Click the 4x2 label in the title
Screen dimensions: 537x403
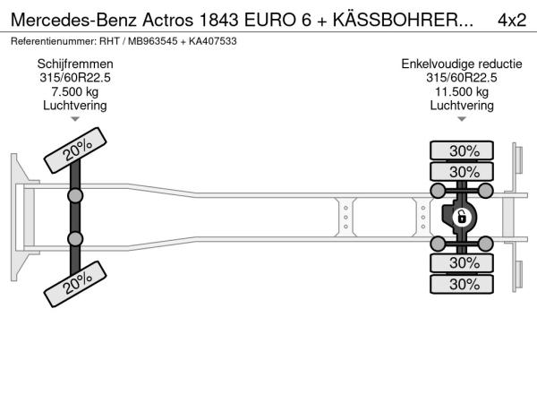click(x=512, y=20)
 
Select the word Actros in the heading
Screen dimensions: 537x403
click(x=168, y=20)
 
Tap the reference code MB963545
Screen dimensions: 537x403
click(x=153, y=41)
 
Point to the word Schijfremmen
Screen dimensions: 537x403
click(x=75, y=64)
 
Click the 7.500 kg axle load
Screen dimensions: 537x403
click(x=75, y=92)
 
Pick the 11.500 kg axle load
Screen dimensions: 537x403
click(x=462, y=92)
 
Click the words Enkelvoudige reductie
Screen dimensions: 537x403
click(x=462, y=64)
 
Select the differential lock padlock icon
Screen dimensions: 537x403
click(x=461, y=217)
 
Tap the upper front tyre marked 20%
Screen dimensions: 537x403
click(x=75, y=150)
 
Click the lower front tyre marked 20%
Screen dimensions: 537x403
click(x=75, y=284)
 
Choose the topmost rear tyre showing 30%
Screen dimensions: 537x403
click(x=462, y=150)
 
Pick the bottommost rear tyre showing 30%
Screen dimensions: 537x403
click(x=462, y=284)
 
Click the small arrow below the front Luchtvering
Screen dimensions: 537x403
click(x=75, y=119)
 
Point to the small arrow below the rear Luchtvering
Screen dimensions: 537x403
click(x=462, y=119)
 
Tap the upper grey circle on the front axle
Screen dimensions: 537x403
click(x=75, y=196)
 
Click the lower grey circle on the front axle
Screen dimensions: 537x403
click(x=75, y=238)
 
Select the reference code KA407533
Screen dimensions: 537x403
click(x=213, y=41)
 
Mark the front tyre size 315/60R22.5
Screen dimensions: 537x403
click(x=75, y=78)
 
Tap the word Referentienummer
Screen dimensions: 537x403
click(x=54, y=41)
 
